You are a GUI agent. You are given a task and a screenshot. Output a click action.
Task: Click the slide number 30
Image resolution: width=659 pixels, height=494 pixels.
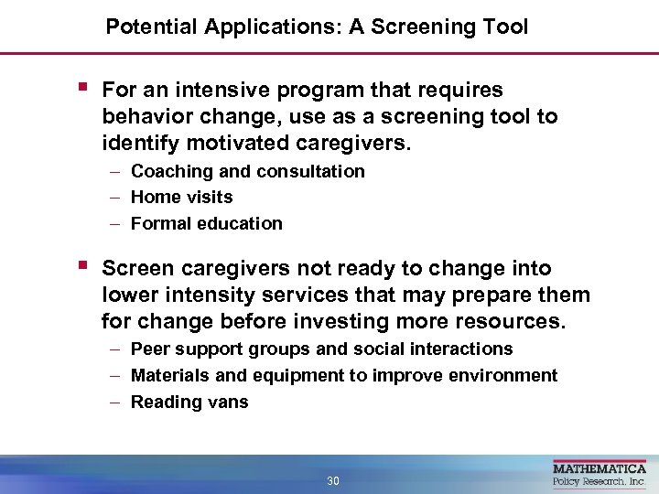tap(332, 481)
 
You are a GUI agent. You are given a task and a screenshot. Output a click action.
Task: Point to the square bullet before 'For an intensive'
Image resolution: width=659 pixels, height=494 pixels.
tap(82, 88)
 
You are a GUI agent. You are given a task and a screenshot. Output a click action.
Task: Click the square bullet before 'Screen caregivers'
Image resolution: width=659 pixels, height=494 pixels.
tap(82, 267)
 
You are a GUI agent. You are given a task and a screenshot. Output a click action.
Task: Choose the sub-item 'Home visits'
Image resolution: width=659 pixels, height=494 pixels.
tap(181, 197)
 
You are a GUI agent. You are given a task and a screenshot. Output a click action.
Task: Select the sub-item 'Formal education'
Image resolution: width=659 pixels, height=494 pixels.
tap(206, 223)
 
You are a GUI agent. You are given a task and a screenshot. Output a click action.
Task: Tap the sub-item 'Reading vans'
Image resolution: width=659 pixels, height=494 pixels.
tap(189, 402)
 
